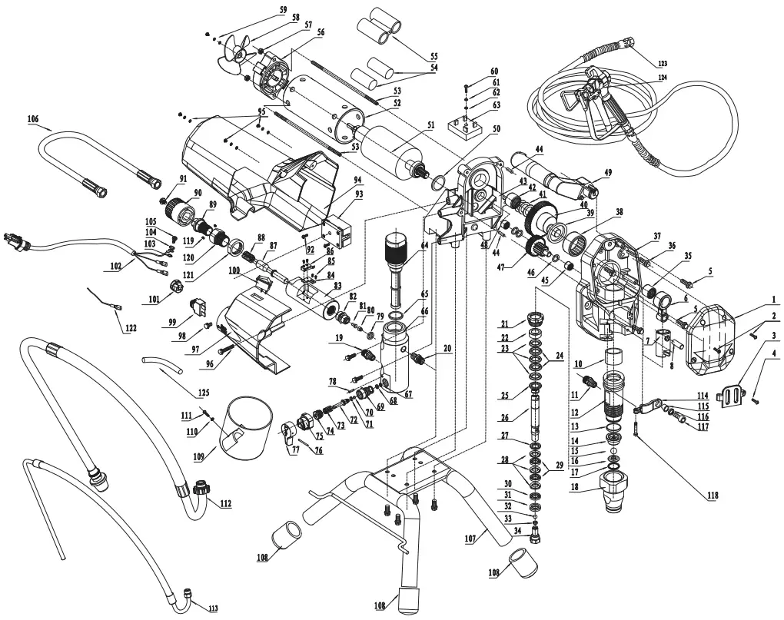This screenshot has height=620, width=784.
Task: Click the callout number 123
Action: tap(669, 63)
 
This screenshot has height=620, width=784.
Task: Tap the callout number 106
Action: tap(32, 119)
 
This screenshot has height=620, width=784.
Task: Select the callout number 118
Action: tap(714, 496)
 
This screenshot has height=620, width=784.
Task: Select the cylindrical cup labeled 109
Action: tap(245, 429)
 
